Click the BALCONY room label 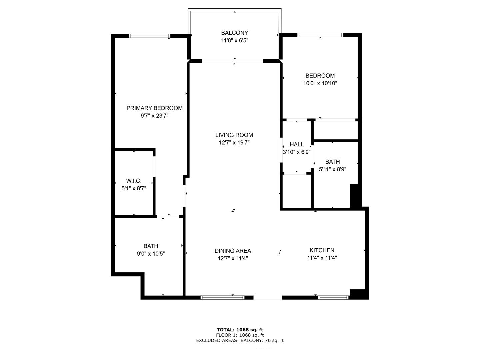tap(235, 33)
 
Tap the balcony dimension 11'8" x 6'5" tap(235, 41)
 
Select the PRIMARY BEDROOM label tap(154, 108)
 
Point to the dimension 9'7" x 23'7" tap(154, 116)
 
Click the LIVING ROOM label tap(234, 135)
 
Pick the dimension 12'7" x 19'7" tap(234, 143)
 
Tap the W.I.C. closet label tap(134, 181)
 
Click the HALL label tap(297, 144)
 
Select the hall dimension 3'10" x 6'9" tap(297, 152)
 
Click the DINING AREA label tap(233, 251)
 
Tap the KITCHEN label tap(322, 250)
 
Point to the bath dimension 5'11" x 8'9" tap(333, 169)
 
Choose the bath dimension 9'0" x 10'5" tap(151, 254)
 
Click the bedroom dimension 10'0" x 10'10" tap(320, 83)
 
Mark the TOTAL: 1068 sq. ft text tap(240, 330)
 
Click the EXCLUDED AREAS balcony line tap(240, 340)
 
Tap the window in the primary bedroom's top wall tap(150, 36)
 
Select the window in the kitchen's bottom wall tap(333, 297)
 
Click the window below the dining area tap(222, 297)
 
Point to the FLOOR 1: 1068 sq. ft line tap(240, 335)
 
